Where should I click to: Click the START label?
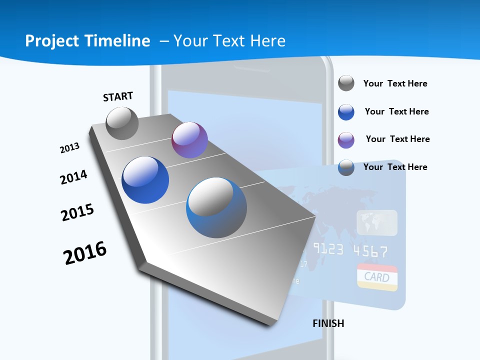pos(118,96)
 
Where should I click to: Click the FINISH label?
pos(328,323)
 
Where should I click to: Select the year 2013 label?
pos(69,148)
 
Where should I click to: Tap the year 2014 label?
pos(73,177)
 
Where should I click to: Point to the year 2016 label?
pos(85,253)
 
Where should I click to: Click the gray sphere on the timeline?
pos(122,123)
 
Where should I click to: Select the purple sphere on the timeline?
pos(189,140)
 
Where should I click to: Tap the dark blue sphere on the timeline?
pos(145,180)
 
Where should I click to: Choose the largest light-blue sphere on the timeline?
pos(216,207)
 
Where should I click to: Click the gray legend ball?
pos(346,83)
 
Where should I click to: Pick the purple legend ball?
pos(346,140)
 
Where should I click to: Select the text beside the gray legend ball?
pos(395,83)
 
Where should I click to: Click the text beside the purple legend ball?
pos(397,139)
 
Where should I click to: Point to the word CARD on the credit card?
pos(376,276)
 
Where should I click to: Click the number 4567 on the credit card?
pos(370,250)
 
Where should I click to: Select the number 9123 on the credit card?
pos(328,249)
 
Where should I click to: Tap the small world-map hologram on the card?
pos(377,222)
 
